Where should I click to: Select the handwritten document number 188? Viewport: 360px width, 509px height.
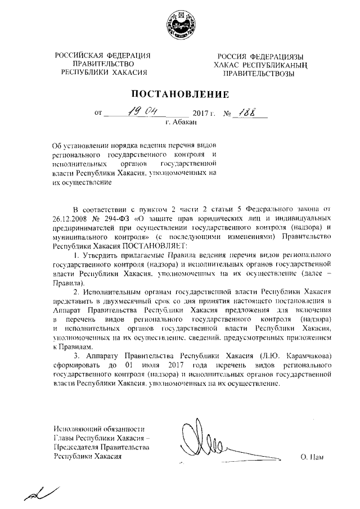247,111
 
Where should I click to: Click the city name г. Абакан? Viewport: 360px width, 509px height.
180,121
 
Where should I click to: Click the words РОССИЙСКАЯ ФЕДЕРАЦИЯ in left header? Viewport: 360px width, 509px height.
103,55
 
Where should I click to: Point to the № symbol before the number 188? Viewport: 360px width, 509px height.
228,113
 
